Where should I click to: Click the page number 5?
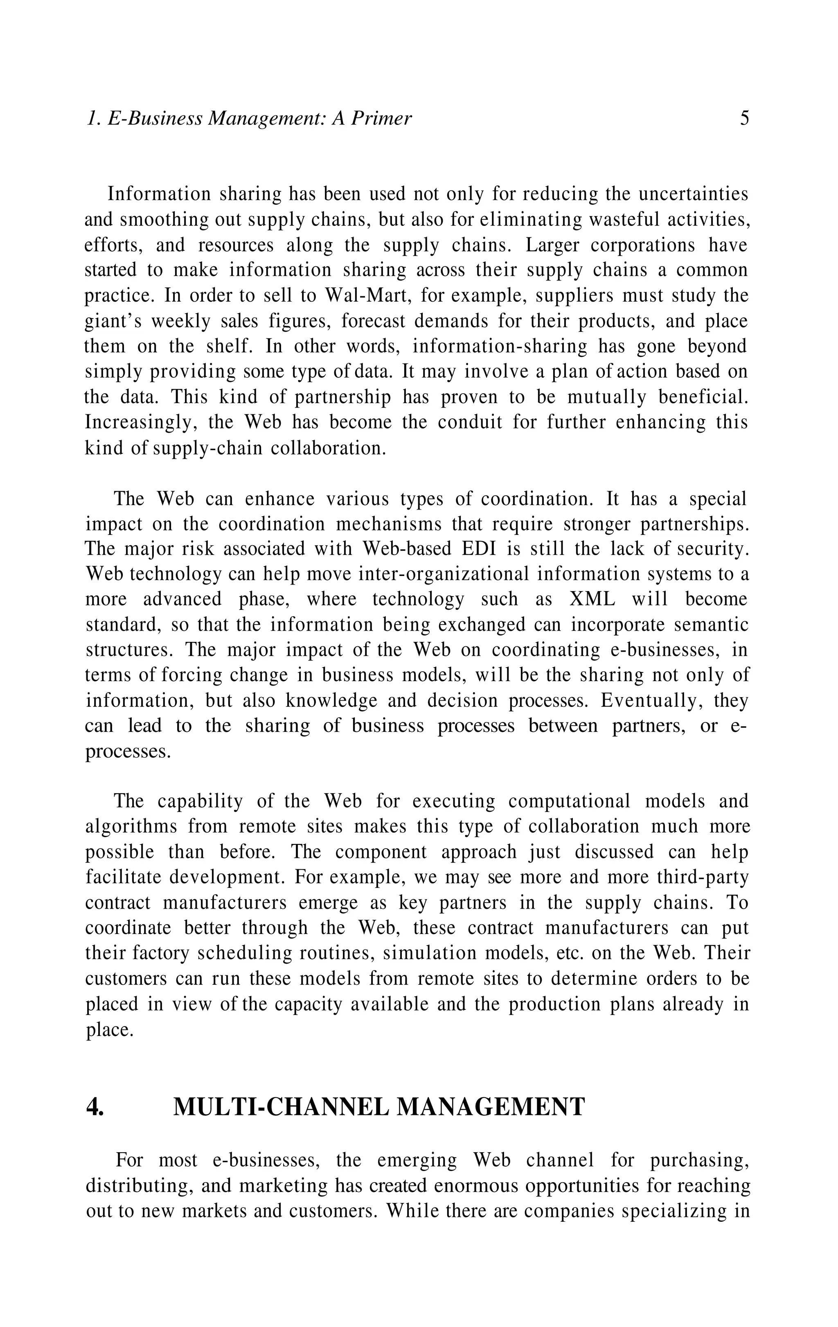pos(744,118)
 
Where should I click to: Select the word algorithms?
pos(131,827)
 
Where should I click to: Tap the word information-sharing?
pos(501,347)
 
